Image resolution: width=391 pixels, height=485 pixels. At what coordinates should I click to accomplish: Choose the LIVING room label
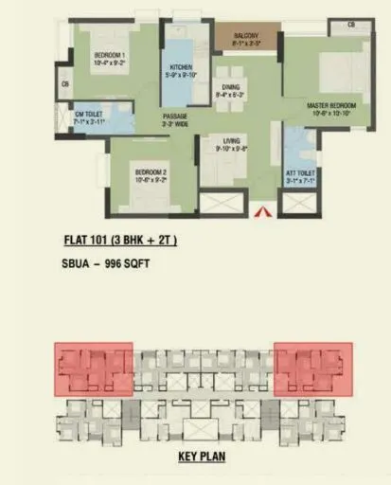click(232, 144)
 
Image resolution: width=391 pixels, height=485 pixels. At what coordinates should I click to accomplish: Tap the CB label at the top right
click(350, 24)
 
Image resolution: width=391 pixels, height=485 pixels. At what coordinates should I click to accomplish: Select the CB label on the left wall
click(65, 85)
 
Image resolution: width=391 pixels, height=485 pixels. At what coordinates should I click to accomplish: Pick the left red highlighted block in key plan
click(93, 368)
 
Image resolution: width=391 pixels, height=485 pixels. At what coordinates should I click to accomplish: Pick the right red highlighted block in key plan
click(313, 368)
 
